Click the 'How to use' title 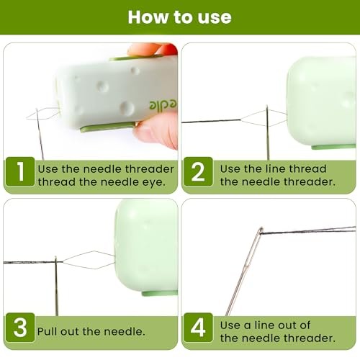(179, 17)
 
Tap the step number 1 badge (20, 171)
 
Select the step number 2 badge (198, 171)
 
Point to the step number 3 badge (20, 328)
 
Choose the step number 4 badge (198, 328)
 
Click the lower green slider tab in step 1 (107, 127)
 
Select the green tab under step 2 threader (333, 147)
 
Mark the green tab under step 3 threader (160, 293)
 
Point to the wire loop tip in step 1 (27, 117)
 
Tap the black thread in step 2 (211, 121)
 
